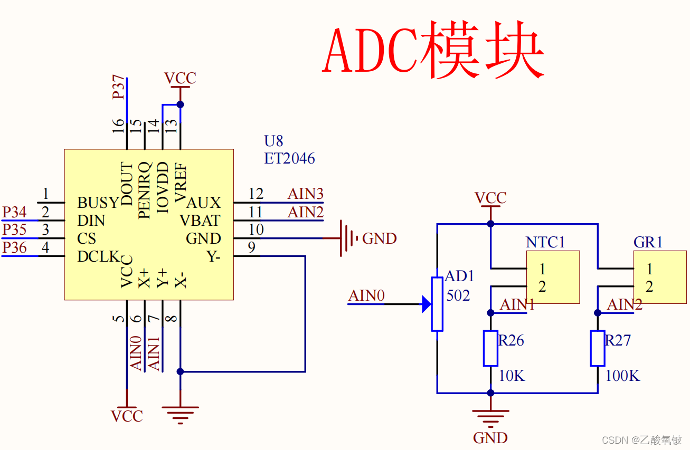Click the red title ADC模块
click(x=433, y=50)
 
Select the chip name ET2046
click(x=289, y=158)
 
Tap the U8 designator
click(x=273, y=141)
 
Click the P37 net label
click(x=120, y=87)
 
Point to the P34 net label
click(x=14, y=213)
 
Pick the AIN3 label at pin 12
click(x=305, y=194)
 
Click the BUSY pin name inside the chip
click(x=98, y=203)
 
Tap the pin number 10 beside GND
click(x=256, y=230)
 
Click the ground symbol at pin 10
click(x=346, y=238)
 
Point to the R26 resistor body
click(x=490, y=348)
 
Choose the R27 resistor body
click(x=598, y=348)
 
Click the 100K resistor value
click(x=622, y=376)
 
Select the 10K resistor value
click(x=512, y=376)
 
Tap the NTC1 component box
click(x=553, y=277)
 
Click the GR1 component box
click(x=660, y=277)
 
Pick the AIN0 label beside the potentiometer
click(x=366, y=296)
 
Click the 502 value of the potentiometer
click(x=458, y=296)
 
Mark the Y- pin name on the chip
click(x=213, y=257)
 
